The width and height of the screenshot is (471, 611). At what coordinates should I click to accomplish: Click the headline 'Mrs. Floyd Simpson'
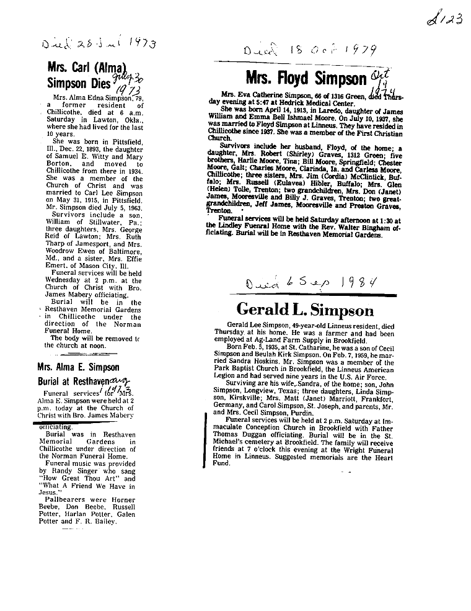click(306, 79)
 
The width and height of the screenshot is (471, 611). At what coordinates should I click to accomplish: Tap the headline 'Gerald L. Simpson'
click(306, 310)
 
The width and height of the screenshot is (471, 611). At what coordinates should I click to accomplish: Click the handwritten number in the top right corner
click(445, 19)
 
